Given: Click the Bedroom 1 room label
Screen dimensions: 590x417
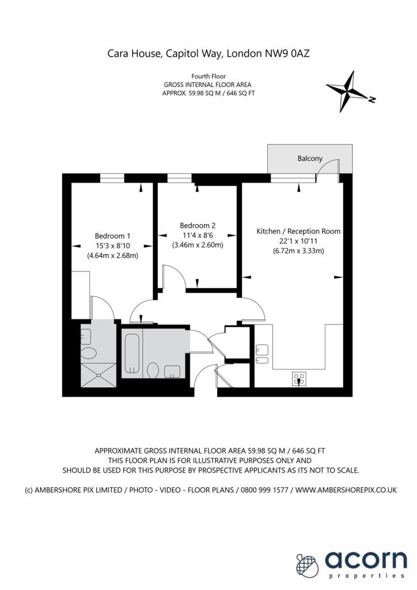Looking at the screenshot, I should tap(112, 236).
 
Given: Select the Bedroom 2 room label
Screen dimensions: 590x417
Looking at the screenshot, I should tap(198, 225).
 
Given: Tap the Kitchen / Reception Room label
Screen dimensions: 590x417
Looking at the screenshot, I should tap(298, 231).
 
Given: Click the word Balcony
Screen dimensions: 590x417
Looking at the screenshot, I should tap(310, 158).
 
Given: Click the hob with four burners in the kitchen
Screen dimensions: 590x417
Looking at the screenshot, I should tap(300, 379).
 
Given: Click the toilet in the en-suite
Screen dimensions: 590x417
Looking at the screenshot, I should tap(89, 353).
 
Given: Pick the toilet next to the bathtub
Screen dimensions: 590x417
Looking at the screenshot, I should tap(153, 369).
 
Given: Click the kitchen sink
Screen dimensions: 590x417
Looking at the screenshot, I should tap(261, 353).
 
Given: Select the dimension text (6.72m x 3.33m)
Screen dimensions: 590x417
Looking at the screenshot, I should tap(298, 251).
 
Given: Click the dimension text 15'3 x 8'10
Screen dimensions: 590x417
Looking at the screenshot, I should tap(112, 245).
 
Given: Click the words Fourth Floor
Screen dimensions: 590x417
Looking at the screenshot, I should tap(208, 76).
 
